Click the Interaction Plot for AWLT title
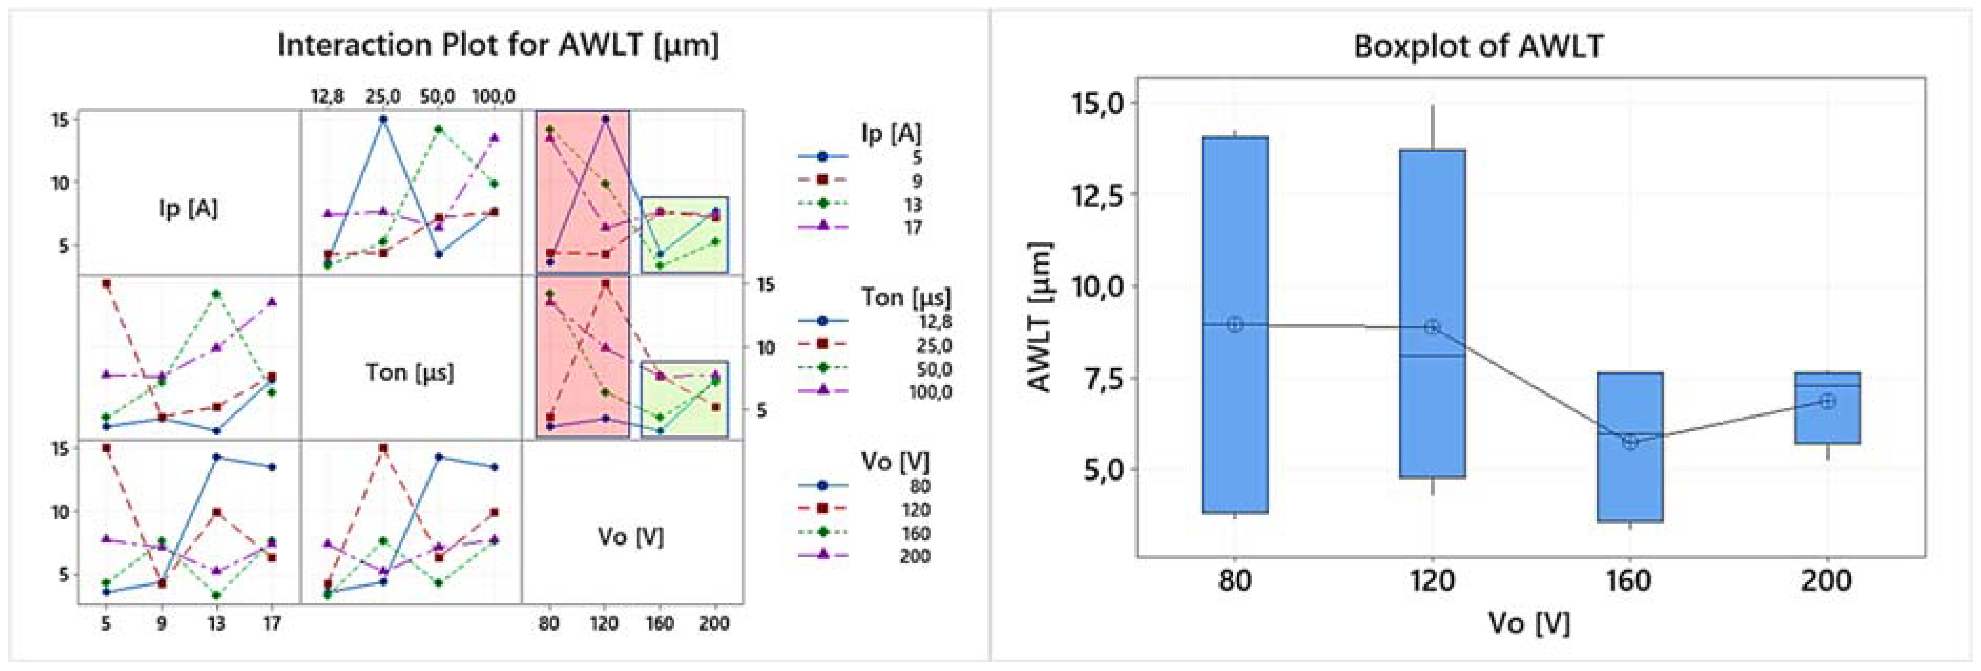click(497, 45)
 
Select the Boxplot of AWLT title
click(1478, 47)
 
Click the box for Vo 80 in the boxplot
click(1234, 231)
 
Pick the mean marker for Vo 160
click(1630, 441)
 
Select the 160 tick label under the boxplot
click(1629, 580)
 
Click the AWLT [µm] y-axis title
click(1040, 317)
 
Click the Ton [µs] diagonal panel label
click(409, 373)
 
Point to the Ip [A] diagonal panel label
click(189, 208)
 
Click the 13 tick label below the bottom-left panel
click(216, 623)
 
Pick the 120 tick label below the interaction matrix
click(604, 623)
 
